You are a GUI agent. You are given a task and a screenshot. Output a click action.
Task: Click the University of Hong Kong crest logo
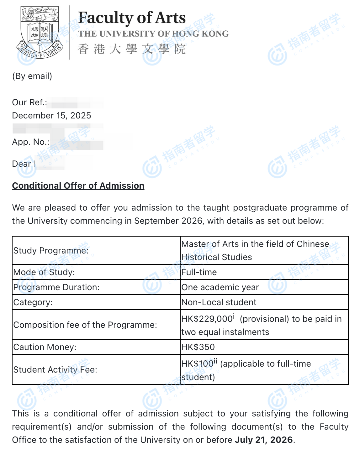pyautogui.click(x=40, y=32)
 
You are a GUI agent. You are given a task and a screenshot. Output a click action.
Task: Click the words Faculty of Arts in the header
pyautogui.click(x=132, y=18)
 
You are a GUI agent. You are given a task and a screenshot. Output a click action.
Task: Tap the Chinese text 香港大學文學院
pyautogui.click(x=132, y=49)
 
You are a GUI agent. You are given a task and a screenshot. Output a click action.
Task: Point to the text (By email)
pyautogui.click(x=32, y=76)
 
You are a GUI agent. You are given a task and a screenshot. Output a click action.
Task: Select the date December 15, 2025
pyautogui.click(x=51, y=116)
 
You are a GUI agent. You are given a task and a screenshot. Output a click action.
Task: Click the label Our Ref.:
pyautogui.click(x=29, y=102)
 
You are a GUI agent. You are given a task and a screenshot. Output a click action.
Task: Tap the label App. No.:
pyautogui.click(x=31, y=142)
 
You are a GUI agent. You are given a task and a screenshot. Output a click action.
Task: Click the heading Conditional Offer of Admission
pyautogui.click(x=78, y=186)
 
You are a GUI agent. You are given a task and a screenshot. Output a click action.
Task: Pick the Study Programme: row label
pyautogui.click(x=51, y=251)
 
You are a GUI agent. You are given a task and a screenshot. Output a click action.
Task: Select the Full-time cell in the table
pyautogui.click(x=199, y=272)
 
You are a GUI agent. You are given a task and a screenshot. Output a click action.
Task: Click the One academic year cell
pyautogui.click(x=220, y=287)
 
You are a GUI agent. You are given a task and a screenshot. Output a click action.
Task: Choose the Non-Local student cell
pyautogui.click(x=219, y=302)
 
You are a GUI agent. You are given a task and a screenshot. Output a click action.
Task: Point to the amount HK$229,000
pyautogui.click(x=207, y=319)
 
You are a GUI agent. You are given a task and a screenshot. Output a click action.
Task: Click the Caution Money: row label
pyautogui.click(x=45, y=347)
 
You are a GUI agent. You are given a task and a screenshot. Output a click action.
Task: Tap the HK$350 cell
pyautogui.click(x=198, y=347)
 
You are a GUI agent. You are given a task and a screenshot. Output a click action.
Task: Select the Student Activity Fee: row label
pyautogui.click(x=55, y=370)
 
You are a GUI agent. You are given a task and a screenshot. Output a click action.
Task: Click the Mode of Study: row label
pyautogui.click(x=44, y=272)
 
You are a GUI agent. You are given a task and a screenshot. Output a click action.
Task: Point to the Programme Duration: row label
pyautogui.click(x=56, y=287)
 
